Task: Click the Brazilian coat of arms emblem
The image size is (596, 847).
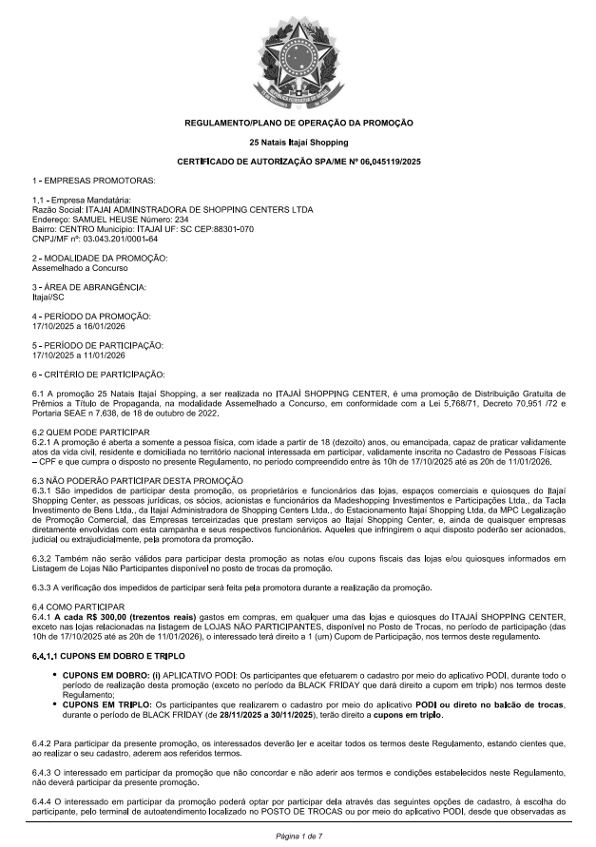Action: pos(298,59)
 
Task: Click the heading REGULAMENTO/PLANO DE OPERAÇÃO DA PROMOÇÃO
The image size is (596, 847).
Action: pos(298,123)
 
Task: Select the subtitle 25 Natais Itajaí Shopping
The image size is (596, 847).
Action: pos(298,142)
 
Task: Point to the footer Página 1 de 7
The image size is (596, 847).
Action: pos(298,835)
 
